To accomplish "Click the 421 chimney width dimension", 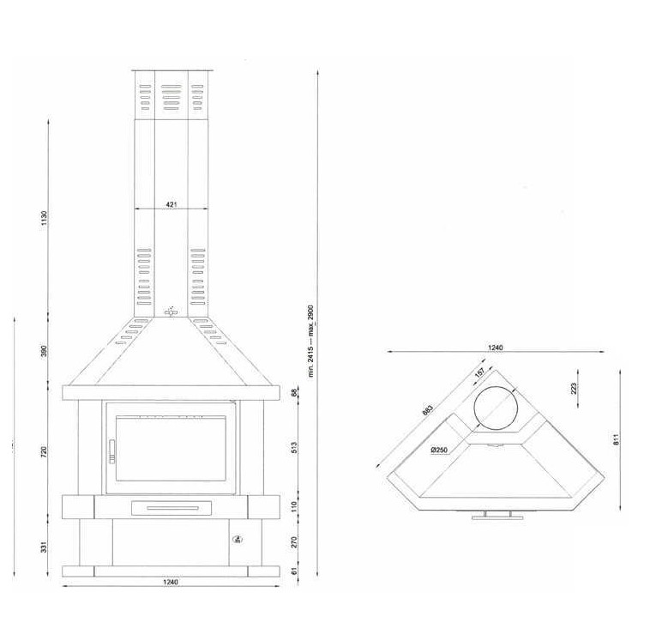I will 171,204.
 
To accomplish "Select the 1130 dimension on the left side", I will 45,219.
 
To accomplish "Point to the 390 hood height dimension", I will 45,351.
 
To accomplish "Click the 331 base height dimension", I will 45,546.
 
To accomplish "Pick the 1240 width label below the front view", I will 170,583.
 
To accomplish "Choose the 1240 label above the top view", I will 495,348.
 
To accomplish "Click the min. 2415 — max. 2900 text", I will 312,340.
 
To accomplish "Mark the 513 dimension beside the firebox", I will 294,448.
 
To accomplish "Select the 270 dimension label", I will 294,542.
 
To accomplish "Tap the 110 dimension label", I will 294,506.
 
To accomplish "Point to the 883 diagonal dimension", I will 427,410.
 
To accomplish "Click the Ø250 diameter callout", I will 441,449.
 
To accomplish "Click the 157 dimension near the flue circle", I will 479,373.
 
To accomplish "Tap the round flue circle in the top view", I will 495,407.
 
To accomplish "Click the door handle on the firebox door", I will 110,450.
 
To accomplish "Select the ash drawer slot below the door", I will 170,508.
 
